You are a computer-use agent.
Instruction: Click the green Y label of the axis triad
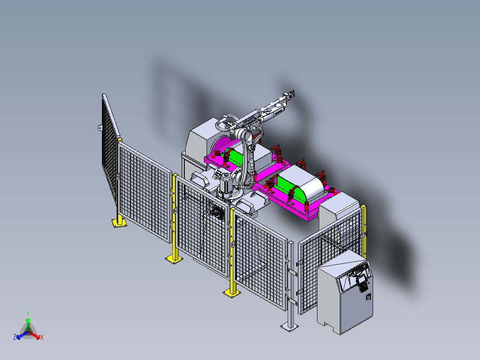28,313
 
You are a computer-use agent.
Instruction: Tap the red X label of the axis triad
42,338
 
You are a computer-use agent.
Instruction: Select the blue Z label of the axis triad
15,338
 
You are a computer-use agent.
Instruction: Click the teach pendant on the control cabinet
362,281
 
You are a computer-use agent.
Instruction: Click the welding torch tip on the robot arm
292,94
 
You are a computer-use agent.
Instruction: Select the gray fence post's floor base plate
290,327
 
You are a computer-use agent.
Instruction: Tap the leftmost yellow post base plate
119,224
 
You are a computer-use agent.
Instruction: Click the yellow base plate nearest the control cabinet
232,292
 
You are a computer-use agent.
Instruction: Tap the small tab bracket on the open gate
100,128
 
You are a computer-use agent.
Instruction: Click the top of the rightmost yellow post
364,207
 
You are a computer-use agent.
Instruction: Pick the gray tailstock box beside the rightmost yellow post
338,209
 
